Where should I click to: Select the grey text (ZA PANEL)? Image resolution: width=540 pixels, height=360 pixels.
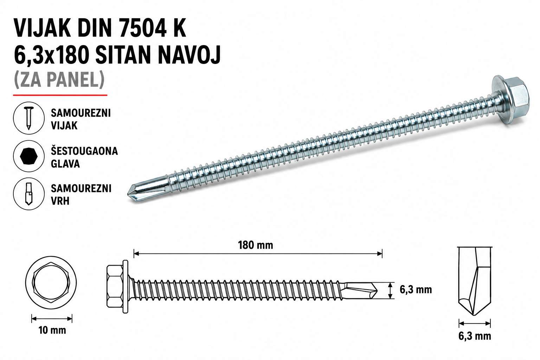tap(59, 79)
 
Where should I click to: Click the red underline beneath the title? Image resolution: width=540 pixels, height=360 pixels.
tap(60, 95)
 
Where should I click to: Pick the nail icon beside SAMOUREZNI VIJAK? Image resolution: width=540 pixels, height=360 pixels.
tap(29, 118)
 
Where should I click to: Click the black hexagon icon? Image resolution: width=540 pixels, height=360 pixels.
tap(29, 156)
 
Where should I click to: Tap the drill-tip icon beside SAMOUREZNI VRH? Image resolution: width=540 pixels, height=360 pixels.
tap(29, 194)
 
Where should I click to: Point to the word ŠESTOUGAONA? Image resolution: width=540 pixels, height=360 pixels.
tap(84, 151)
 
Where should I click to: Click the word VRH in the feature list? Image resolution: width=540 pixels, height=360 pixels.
tap(60, 201)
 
